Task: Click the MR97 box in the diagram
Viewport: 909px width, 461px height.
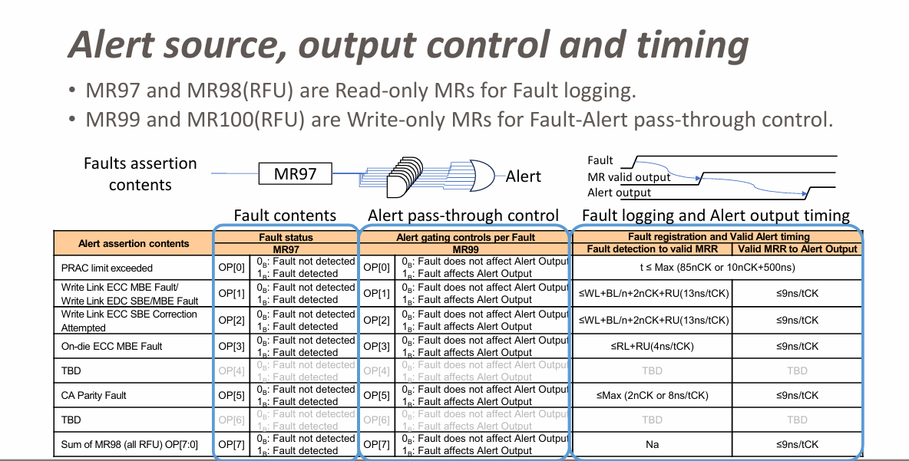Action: click(x=296, y=174)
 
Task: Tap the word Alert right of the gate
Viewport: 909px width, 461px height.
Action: click(x=523, y=176)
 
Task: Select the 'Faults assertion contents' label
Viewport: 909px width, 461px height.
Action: click(x=140, y=173)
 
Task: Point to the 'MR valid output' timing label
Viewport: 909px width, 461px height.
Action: click(x=629, y=177)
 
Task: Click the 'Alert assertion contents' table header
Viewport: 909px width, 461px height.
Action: click(x=134, y=243)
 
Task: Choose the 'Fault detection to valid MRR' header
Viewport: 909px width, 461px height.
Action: click(x=652, y=249)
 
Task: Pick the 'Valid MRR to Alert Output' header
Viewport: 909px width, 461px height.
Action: click(x=797, y=249)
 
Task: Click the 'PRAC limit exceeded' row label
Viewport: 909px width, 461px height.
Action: click(x=107, y=268)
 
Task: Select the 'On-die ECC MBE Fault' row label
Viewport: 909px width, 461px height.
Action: click(x=111, y=346)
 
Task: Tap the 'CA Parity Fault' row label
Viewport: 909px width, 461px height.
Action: click(x=94, y=395)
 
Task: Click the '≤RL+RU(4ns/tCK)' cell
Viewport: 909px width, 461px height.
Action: click(x=652, y=346)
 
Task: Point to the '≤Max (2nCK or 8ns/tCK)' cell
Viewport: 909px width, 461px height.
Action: click(x=652, y=395)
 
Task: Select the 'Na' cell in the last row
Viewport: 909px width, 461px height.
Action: click(x=652, y=444)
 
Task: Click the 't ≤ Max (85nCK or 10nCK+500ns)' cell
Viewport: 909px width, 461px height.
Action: click(x=719, y=268)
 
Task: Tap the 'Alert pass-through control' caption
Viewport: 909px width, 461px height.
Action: click(x=464, y=216)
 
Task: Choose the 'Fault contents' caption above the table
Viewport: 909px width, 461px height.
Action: click(x=285, y=216)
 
